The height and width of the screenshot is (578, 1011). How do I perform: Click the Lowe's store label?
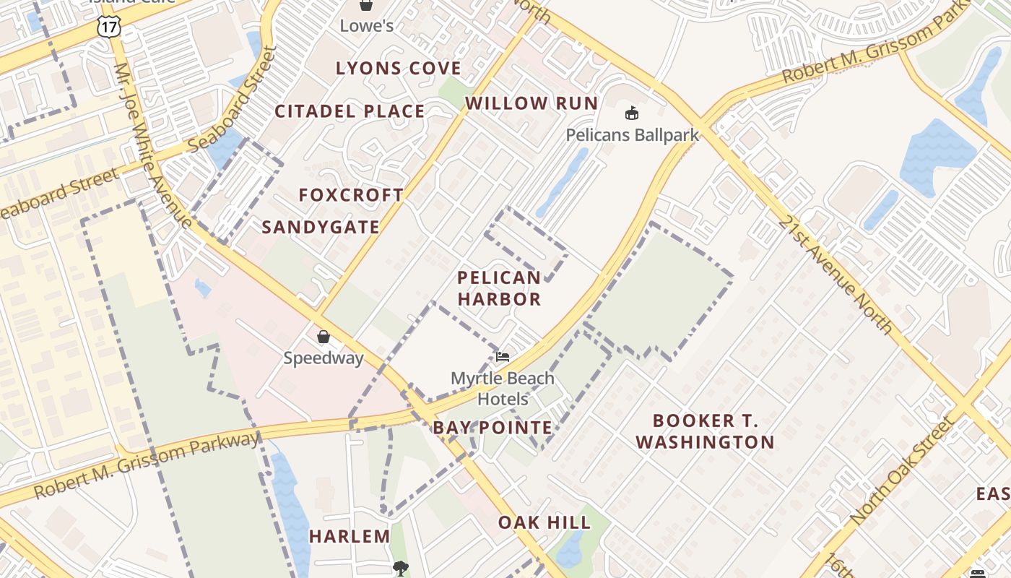pyautogui.click(x=367, y=26)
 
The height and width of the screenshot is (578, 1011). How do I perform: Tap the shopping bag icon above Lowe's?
pyautogui.click(x=366, y=5)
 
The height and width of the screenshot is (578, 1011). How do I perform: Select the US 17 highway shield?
pyautogui.click(x=108, y=27)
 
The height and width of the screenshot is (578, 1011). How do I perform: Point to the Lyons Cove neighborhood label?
pyautogui.click(x=399, y=69)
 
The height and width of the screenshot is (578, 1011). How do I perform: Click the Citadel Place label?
pyautogui.click(x=350, y=111)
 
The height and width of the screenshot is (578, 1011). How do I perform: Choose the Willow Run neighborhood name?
pyautogui.click(x=531, y=103)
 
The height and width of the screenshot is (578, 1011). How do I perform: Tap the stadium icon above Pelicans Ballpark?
pyautogui.click(x=632, y=113)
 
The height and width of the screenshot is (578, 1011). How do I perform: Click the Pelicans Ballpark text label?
pyautogui.click(x=632, y=134)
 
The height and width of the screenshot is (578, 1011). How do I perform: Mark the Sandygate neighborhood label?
pyautogui.click(x=321, y=228)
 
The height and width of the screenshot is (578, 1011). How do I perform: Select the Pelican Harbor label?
pyautogui.click(x=499, y=288)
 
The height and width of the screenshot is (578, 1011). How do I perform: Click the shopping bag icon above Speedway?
pyautogui.click(x=324, y=337)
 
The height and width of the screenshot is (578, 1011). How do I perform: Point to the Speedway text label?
pyautogui.click(x=324, y=358)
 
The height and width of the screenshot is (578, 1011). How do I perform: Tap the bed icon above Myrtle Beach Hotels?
pyautogui.click(x=503, y=357)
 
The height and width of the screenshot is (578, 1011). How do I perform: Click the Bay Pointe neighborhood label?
pyautogui.click(x=493, y=428)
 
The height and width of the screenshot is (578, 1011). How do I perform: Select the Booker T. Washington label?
pyautogui.click(x=705, y=431)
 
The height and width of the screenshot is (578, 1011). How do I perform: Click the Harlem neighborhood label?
pyautogui.click(x=350, y=536)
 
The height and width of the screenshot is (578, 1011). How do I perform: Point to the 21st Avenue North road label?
pyautogui.click(x=835, y=275)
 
